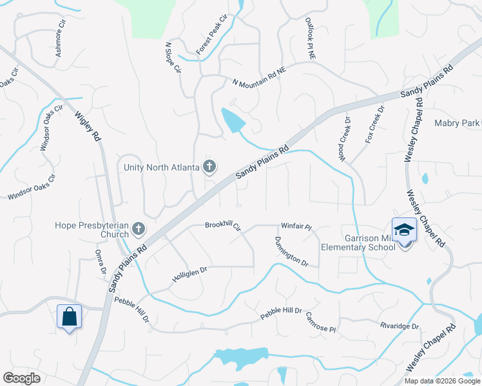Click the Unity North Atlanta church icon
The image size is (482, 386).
tap(209, 167)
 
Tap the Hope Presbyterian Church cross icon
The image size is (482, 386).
tap(137, 228)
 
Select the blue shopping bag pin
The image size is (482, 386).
tap(70, 317)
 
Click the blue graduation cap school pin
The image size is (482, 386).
tap(404, 230)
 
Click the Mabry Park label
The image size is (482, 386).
tap(457, 123)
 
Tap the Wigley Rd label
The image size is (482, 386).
tap(89, 127)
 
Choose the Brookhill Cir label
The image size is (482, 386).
tap(222, 226)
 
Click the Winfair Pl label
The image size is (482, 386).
tap(296, 227)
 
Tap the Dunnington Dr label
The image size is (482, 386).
tap(292, 252)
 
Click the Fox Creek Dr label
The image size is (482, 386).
tap(374, 124)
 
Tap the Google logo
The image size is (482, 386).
tap(22, 378)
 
